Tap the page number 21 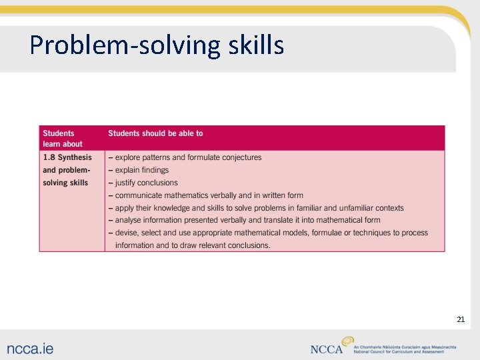pyautogui.click(x=460, y=320)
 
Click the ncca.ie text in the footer pyautogui.click(x=31, y=348)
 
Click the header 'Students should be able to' pyautogui.click(x=155, y=133)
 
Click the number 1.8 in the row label pyautogui.click(x=49, y=157)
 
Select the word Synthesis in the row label pyautogui.click(x=75, y=157)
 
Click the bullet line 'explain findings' pyautogui.click(x=141, y=170)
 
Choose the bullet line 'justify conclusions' pyautogui.click(x=146, y=183)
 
